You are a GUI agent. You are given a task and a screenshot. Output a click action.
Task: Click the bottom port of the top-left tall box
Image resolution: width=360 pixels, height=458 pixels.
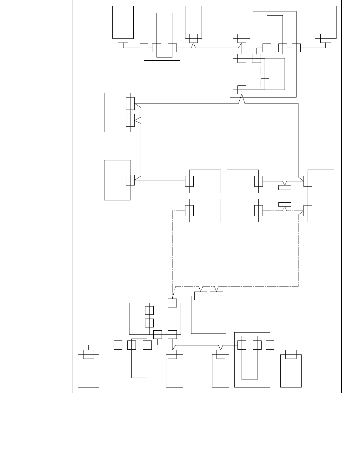pos(123,38)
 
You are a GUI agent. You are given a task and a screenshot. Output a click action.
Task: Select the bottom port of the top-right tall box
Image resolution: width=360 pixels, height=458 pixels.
pos(325,38)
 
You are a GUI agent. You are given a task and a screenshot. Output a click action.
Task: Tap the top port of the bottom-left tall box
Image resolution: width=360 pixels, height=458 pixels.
pos(88,354)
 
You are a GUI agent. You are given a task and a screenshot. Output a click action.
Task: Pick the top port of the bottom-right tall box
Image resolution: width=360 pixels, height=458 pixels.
pos(291,354)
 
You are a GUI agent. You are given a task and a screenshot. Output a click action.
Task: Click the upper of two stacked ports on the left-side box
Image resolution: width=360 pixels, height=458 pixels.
pos(130,104)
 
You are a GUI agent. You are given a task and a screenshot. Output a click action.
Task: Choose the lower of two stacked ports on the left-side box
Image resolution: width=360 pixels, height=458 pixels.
pos(130,120)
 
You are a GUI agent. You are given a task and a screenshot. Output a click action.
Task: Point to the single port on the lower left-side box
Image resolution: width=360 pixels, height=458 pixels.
pos(130,180)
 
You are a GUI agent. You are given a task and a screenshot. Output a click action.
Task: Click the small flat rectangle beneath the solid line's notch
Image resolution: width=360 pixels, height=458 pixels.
pos(284,187)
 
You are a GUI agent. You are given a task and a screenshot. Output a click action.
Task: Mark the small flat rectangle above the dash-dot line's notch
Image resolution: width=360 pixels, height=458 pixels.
pos(284,204)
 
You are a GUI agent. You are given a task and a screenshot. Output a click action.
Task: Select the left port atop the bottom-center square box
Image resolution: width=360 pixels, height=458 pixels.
pos(201,296)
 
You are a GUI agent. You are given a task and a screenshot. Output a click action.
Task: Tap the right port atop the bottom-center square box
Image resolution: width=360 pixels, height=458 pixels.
pos(217,296)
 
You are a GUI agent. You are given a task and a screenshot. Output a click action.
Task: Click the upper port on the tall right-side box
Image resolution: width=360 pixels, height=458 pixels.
pos(308,181)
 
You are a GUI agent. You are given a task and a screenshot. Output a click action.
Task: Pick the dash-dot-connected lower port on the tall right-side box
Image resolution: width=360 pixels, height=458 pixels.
pos(308,211)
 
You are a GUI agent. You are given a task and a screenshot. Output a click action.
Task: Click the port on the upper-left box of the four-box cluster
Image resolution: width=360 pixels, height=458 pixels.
pos(189,181)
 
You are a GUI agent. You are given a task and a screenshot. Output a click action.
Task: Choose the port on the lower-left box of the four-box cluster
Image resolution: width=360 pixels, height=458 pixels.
pos(189,211)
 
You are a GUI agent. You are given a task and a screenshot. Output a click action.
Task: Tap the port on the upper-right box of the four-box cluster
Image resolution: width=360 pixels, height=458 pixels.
pos(258,181)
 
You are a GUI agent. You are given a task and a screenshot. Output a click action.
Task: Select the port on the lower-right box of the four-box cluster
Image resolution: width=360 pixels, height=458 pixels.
pos(258,211)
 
